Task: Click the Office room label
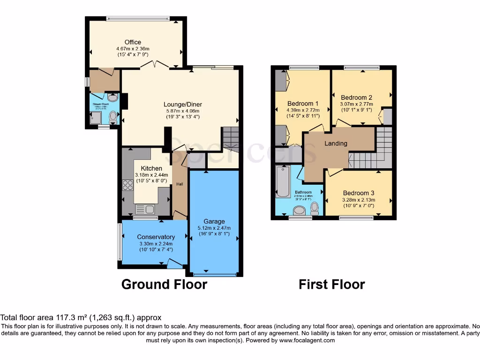coord(133,42)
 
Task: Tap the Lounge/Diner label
coord(182,105)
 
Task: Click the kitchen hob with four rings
coord(127,185)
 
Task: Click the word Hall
coord(180,184)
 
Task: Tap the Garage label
coord(214,221)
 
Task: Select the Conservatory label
coord(156,237)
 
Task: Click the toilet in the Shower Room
coord(113,118)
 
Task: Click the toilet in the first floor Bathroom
coord(315,207)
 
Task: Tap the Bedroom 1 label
coord(303,104)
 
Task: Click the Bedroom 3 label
coord(359,193)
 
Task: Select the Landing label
coord(336,143)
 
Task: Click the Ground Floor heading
coord(164,285)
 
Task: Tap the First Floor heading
coord(332,285)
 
